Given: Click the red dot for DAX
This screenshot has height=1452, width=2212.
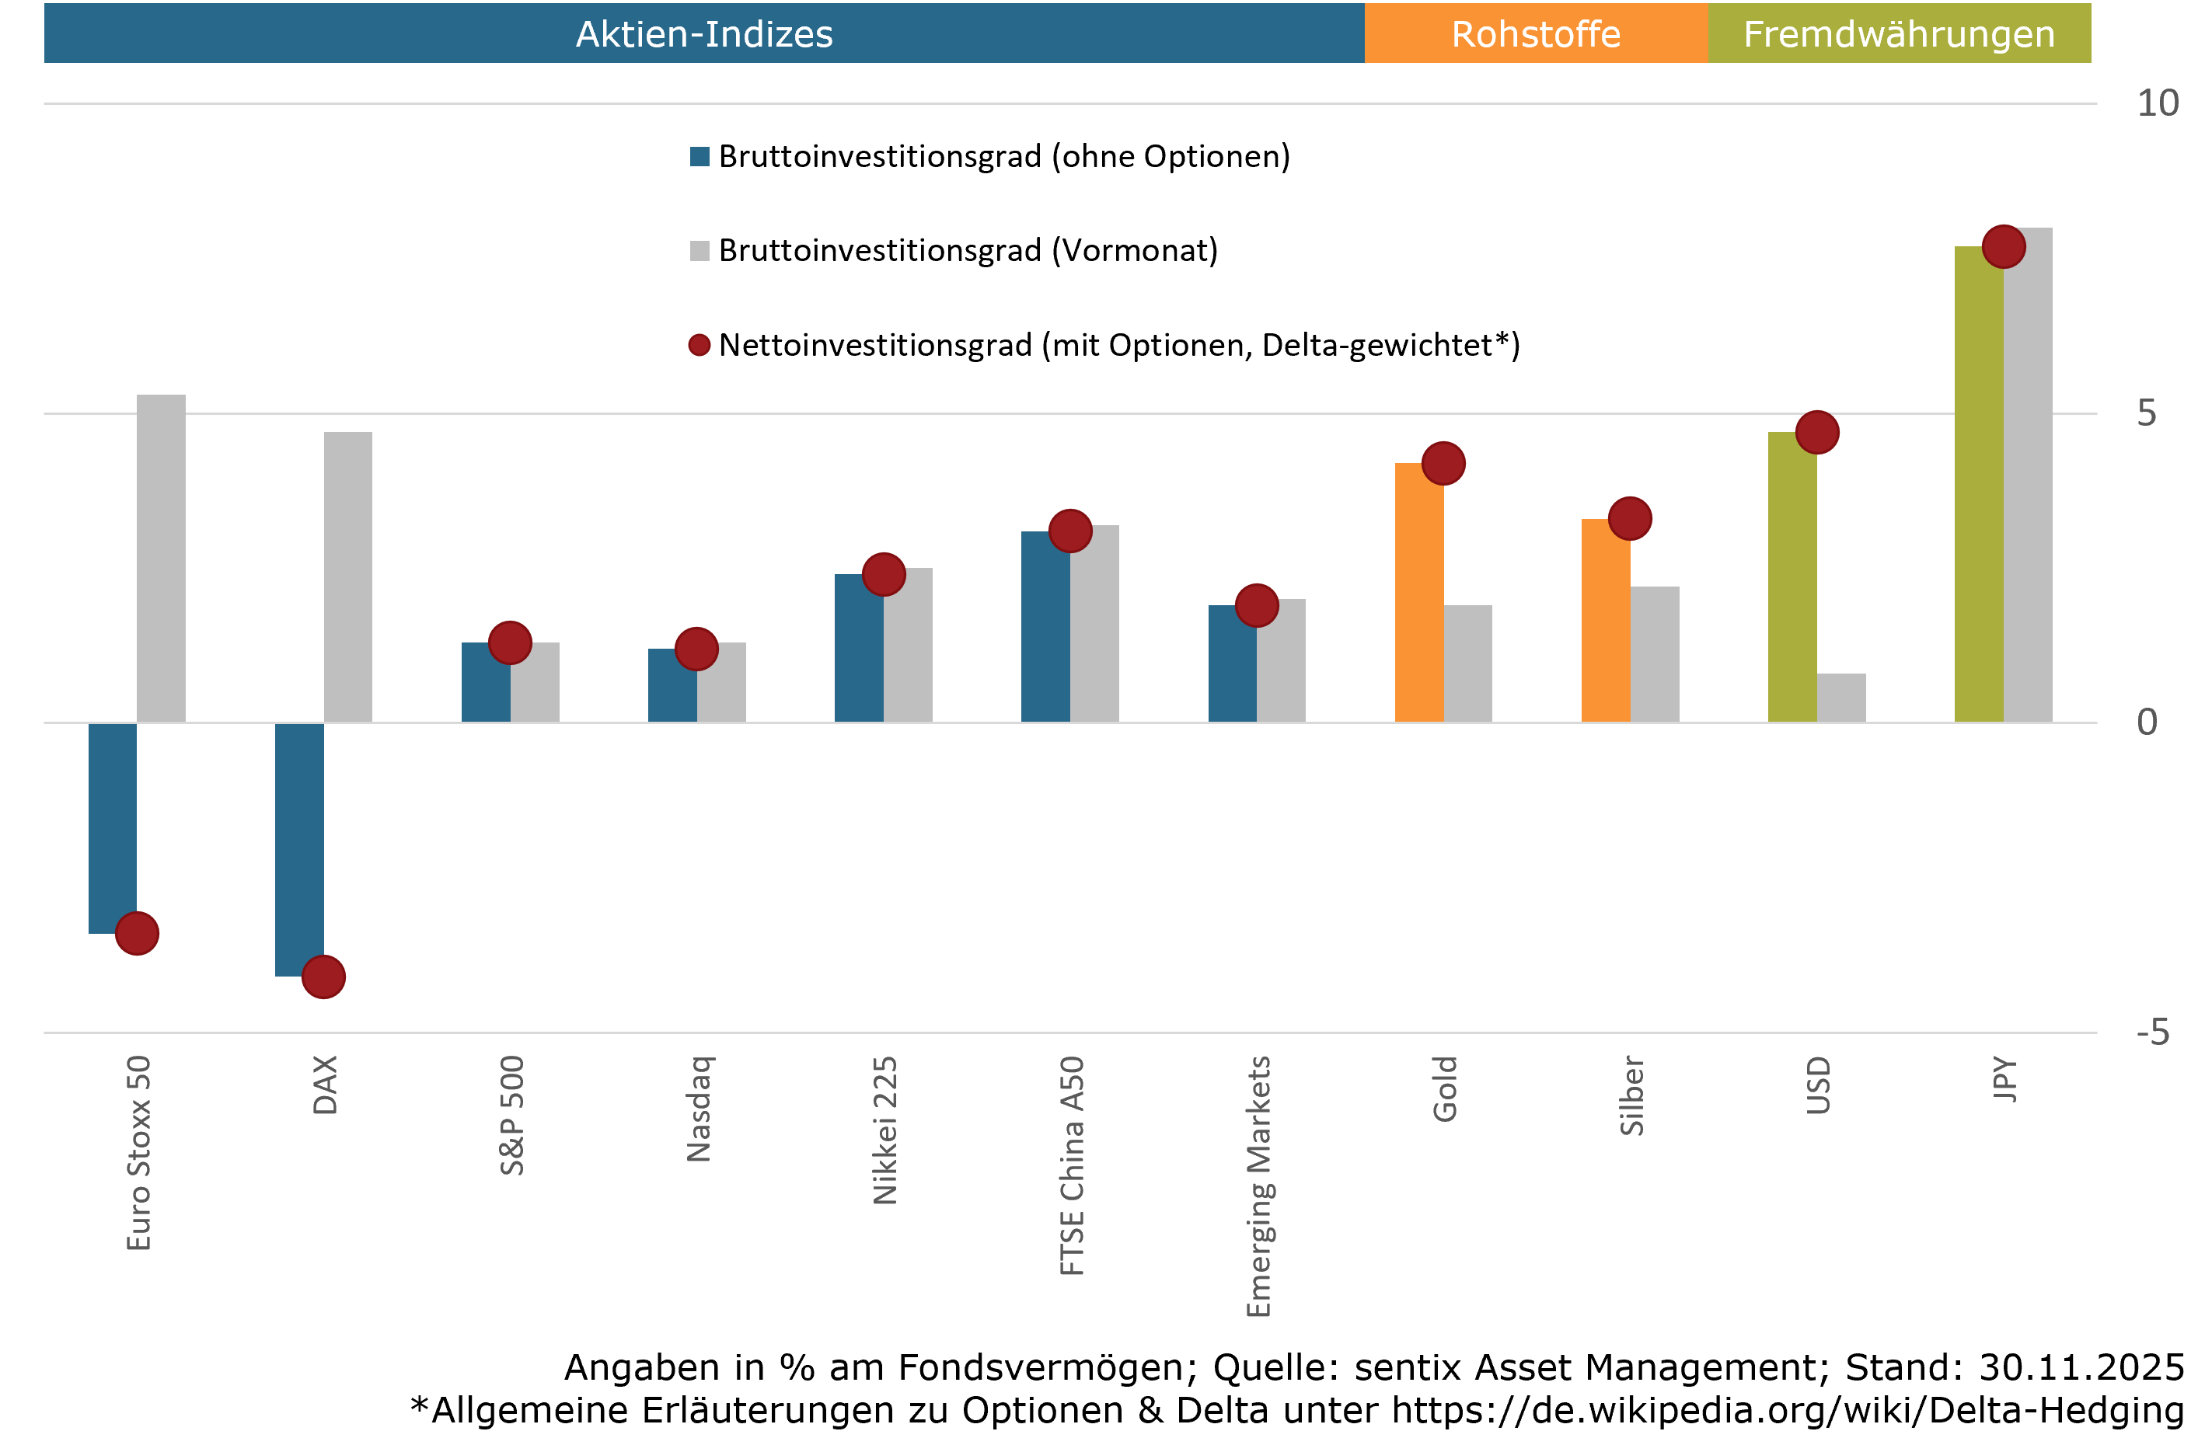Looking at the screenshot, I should (323, 977).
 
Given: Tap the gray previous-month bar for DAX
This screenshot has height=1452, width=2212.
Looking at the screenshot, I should (347, 576).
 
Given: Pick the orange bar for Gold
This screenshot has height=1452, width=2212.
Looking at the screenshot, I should (1418, 594).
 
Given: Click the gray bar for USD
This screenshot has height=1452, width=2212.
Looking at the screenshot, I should (1840, 698).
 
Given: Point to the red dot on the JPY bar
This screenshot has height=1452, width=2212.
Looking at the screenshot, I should (2003, 247).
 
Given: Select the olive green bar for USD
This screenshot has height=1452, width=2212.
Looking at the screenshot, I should (1791, 576).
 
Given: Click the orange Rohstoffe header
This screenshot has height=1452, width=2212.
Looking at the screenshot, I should (1535, 34).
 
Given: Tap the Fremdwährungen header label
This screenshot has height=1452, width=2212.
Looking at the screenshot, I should (1898, 34).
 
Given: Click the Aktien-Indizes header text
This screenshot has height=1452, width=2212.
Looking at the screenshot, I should (703, 34).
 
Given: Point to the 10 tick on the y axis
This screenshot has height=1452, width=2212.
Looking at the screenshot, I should (2156, 103).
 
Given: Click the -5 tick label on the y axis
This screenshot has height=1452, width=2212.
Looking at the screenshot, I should (2151, 1033).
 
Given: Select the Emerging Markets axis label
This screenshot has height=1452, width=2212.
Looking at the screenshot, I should (1258, 1186).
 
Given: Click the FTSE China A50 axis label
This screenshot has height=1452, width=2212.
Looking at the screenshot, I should (1072, 1165).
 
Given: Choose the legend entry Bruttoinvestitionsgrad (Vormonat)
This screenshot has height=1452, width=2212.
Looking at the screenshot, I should (967, 251).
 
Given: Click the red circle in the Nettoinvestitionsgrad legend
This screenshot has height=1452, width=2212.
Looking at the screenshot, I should (699, 346).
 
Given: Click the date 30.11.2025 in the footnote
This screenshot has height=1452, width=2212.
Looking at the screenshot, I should (2081, 1367).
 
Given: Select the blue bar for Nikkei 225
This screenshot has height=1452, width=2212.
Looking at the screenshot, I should (858, 647).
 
